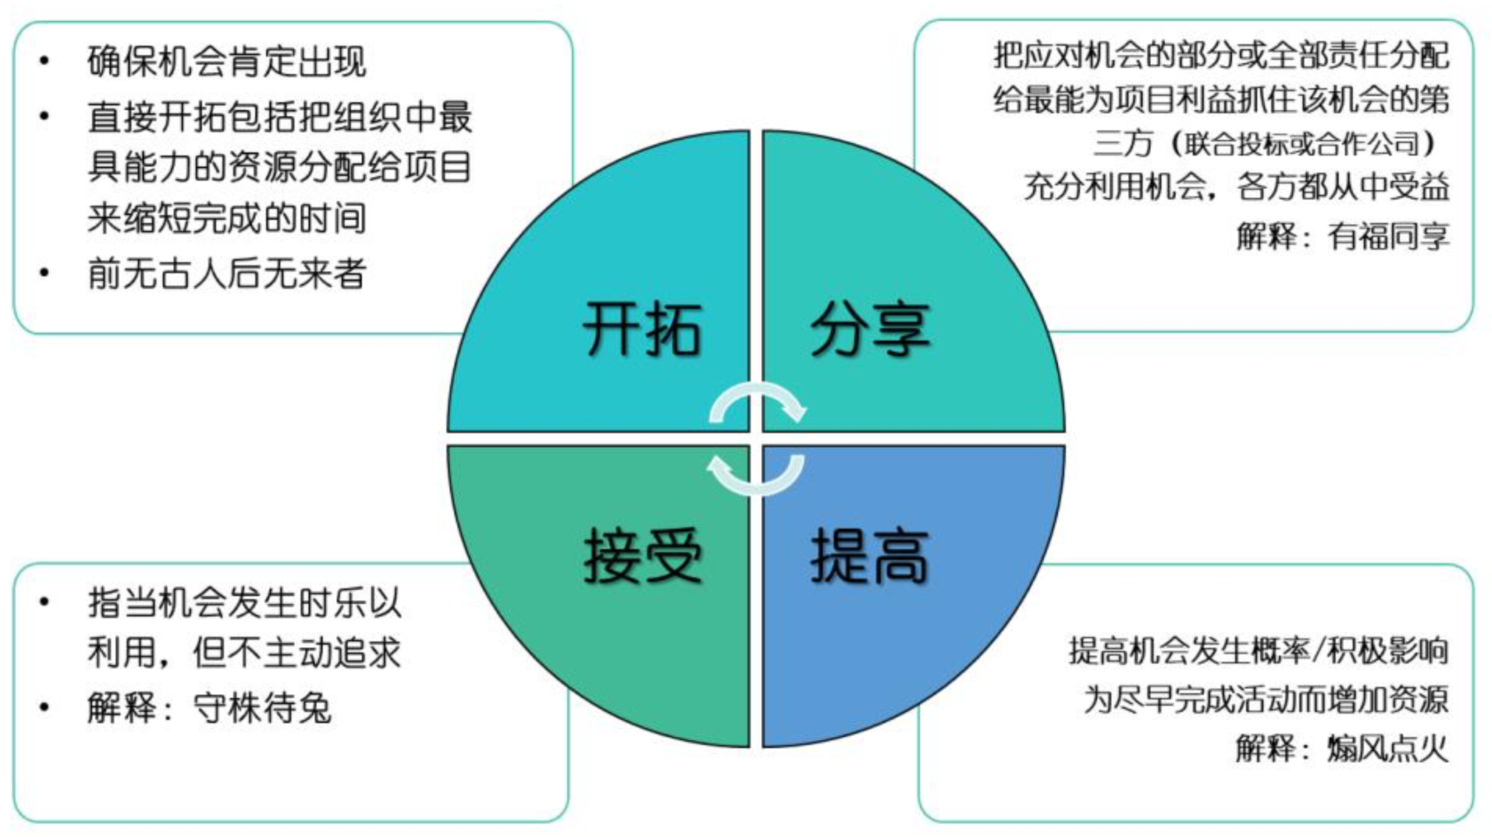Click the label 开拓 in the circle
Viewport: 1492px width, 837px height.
point(641,329)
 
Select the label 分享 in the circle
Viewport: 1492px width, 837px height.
point(870,329)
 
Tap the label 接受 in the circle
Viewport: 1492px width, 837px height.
point(643,556)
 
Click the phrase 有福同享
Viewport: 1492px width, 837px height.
point(1387,236)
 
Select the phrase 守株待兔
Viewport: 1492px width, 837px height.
point(262,707)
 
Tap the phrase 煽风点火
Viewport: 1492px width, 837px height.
point(1387,748)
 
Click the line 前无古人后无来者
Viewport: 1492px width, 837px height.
point(227,273)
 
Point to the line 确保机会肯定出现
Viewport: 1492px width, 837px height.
point(227,62)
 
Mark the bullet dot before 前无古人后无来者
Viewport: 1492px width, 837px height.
point(45,273)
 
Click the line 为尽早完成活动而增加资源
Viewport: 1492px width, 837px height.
point(1266,700)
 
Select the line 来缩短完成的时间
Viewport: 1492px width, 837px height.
point(227,218)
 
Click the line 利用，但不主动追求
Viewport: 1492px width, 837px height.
point(244,652)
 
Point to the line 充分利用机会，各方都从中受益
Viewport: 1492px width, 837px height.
point(1237,187)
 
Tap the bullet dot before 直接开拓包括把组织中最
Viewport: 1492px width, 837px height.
point(45,117)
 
